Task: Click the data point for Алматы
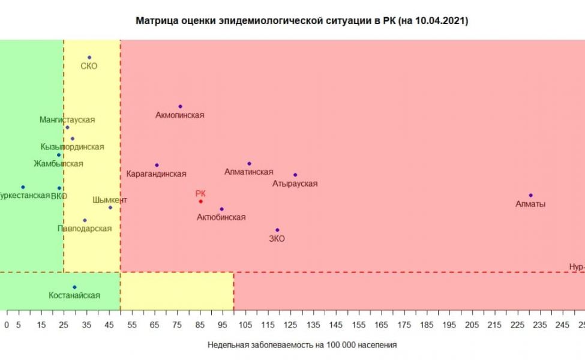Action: point(530,195)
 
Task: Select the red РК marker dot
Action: point(200,201)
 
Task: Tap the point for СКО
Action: point(89,58)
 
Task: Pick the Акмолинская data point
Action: point(180,106)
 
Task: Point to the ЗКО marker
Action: point(277,230)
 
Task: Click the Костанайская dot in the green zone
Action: point(74,287)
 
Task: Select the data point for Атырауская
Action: point(295,175)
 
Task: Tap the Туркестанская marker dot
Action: point(23,187)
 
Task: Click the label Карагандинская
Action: point(157,174)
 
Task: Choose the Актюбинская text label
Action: point(221,217)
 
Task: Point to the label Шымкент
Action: point(110,200)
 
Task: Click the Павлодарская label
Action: point(85,229)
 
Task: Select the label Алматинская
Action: point(248,172)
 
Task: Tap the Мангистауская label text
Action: point(67,120)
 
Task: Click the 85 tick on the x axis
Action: point(200,325)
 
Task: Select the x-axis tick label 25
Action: point(64,325)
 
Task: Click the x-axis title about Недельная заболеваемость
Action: point(302,345)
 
